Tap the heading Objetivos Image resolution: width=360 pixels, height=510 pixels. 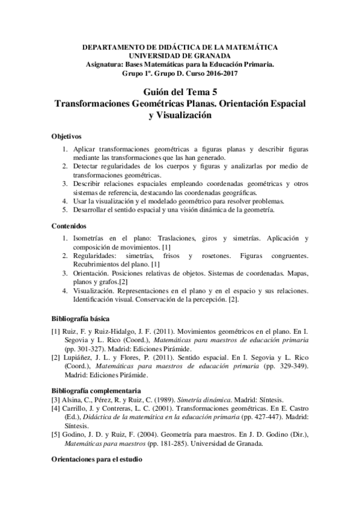(x=67, y=137)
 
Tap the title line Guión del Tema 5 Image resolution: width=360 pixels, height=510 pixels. (x=180, y=91)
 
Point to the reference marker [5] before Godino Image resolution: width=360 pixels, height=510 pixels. (x=56, y=417)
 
